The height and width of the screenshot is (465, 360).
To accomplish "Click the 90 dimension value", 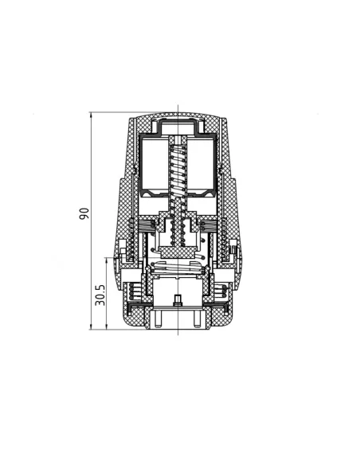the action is click(x=84, y=213).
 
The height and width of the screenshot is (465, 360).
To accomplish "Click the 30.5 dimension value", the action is click(x=100, y=295).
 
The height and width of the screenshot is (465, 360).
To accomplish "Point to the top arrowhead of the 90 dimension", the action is click(x=92, y=115).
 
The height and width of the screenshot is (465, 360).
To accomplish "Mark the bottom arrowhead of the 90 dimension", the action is click(x=92, y=326).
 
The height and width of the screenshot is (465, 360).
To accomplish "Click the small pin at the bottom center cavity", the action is click(x=178, y=300).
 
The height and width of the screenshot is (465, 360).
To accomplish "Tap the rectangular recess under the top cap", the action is click(x=178, y=127).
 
